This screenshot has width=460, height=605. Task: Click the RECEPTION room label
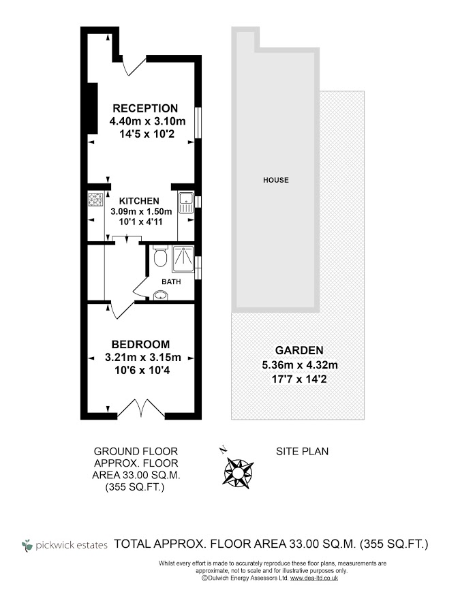click(145, 108)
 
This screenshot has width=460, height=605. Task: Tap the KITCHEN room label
click(139, 201)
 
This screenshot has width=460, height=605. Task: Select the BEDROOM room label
click(140, 344)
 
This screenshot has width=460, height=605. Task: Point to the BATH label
click(171, 281)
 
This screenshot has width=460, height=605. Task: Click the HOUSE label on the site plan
click(275, 180)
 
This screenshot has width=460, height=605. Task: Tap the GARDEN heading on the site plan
click(299, 350)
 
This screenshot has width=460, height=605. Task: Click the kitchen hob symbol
click(95, 200)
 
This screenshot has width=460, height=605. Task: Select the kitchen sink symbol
click(185, 202)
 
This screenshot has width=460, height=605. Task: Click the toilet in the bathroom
click(159, 255)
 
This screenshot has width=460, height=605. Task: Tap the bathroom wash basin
click(161, 296)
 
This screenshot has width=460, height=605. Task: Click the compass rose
click(238, 471)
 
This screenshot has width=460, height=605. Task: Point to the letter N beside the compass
click(223, 450)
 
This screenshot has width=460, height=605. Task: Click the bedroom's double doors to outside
click(141, 409)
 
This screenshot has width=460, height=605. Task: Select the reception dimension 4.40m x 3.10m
click(147, 121)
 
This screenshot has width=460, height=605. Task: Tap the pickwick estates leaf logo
click(27, 545)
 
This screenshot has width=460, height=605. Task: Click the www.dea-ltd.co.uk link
click(313, 578)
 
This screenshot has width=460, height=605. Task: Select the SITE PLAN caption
click(302, 451)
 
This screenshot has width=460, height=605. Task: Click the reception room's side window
click(198, 123)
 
